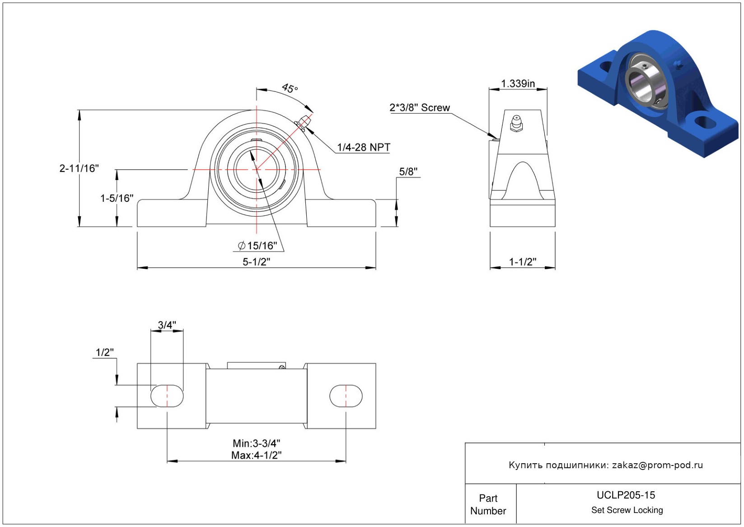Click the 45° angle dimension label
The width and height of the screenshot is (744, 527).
click(290, 88)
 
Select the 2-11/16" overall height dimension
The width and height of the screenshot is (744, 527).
click(79, 168)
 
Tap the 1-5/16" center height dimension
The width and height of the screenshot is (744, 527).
click(117, 198)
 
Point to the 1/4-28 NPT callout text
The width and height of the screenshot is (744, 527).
click(363, 147)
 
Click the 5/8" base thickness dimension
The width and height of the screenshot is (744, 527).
click(408, 172)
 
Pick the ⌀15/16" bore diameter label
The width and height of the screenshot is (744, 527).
click(257, 246)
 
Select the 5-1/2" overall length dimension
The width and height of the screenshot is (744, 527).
click(256, 261)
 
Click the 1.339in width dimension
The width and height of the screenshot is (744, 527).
click(518, 84)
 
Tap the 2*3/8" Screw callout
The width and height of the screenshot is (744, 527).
click(420, 108)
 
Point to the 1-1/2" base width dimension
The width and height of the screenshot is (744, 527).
click(522, 261)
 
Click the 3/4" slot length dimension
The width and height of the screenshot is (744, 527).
click(167, 325)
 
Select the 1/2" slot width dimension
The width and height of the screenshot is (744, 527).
click(104, 352)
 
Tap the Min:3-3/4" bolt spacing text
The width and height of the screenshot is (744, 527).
click(256, 443)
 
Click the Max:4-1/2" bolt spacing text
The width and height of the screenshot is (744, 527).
click(256, 455)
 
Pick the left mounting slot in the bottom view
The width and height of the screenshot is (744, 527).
click(167, 396)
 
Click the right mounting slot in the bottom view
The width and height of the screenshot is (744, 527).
click(346, 396)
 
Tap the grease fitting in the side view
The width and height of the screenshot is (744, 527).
click(516, 123)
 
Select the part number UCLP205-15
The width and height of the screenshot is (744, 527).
click(626, 495)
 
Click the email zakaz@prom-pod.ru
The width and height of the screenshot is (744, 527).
click(657, 465)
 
